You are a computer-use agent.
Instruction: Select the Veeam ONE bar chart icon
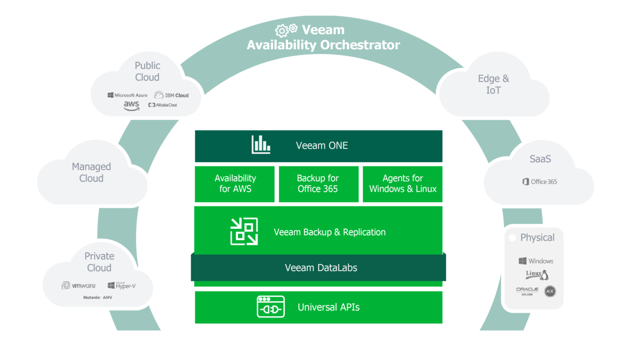260,144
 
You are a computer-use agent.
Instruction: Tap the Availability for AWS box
235,183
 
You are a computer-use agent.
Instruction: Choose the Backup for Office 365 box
318,183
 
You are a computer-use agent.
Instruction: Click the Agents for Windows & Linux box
402,183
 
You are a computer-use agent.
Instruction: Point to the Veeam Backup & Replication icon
244,231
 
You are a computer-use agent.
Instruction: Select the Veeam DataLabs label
321,267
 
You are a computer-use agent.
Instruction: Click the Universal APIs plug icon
270,306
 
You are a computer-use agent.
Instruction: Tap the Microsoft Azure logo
127,95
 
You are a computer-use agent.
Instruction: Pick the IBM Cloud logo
171,94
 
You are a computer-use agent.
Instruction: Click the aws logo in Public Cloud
131,105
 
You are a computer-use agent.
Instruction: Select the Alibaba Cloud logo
163,105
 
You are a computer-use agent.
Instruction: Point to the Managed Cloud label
91,172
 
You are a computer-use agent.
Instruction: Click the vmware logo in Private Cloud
78,285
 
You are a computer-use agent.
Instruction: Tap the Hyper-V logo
121,285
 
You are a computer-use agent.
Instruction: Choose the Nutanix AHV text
98,297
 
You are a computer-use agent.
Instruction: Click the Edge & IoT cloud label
493,84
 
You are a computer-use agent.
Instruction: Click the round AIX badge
550,291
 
